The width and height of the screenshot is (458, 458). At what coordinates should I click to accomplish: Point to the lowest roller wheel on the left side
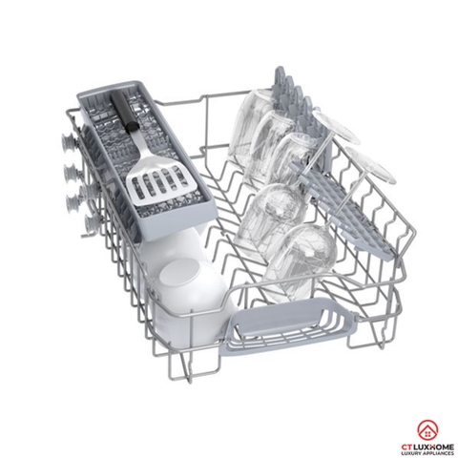89,225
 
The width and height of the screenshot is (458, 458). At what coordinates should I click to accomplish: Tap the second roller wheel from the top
70,173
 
